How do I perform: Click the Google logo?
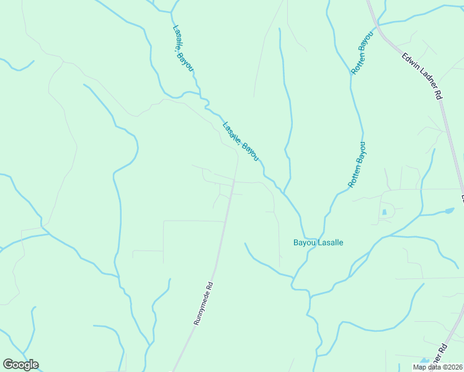click(20, 365)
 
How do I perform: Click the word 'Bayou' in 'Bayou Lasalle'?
click(304, 242)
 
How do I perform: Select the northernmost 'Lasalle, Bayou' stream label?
click(183, 48)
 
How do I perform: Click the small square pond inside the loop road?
click(385, 212)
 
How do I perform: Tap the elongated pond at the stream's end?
click(447, 211)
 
